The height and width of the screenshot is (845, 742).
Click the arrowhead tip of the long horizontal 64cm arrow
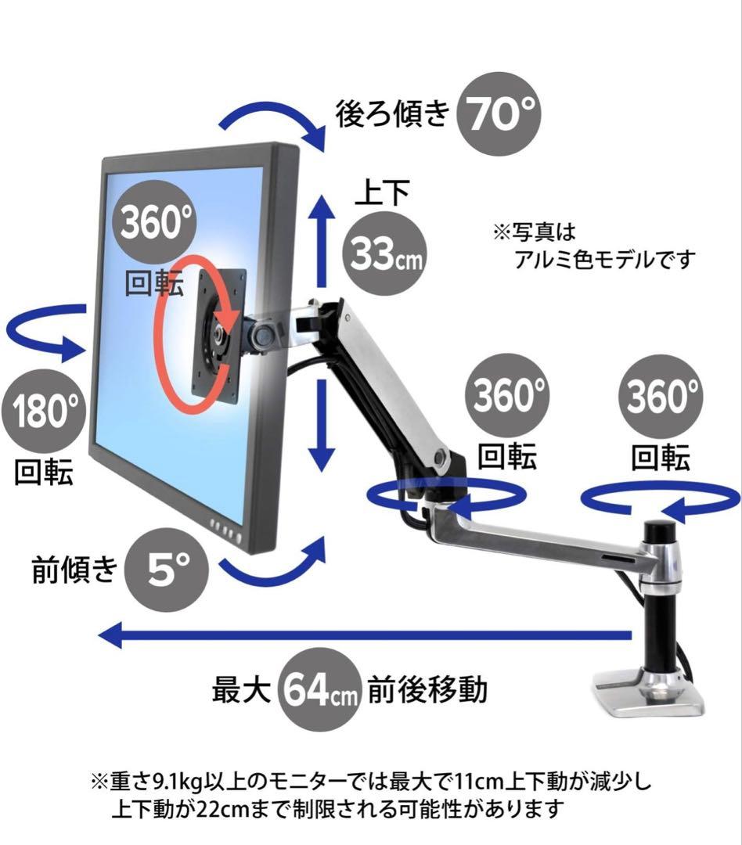[99, 635]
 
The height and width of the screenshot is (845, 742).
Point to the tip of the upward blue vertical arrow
[322, 195]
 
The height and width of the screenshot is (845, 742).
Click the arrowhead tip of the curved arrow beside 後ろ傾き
[324, 152]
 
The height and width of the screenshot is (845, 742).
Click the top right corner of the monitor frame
[298, 146]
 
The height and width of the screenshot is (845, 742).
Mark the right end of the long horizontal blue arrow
[632, 635]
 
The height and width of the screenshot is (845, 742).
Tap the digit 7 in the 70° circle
[479, 114]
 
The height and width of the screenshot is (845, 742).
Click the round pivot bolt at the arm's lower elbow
[441, 458]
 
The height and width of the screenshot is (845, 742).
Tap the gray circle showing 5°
[166, 570]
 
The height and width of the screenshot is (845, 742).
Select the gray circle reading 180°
[43, 410]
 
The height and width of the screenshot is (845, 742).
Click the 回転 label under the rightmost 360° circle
[661, 458]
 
